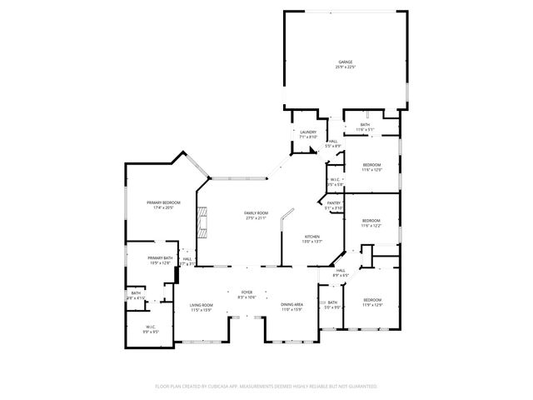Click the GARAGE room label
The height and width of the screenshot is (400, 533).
(345, 62)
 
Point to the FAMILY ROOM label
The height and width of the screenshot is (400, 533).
(255, 213)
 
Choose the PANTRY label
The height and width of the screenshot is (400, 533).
(333, 203)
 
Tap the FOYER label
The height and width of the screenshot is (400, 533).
(247, 292)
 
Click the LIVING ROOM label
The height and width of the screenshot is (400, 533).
(201, 305)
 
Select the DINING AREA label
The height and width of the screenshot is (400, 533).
(291, 305)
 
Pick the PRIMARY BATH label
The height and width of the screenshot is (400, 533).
(159, 258)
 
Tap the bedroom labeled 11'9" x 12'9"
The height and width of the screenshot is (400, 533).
(371, 302)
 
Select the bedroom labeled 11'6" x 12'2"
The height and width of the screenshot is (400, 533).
(371, 221)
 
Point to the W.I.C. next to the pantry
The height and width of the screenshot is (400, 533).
(334, 180)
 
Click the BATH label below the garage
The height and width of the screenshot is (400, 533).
(365, 125)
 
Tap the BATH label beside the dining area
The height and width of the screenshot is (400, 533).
(331, 302)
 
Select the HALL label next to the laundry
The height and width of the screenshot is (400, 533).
(332, 142)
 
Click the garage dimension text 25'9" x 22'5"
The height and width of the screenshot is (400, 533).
(345, 67)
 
